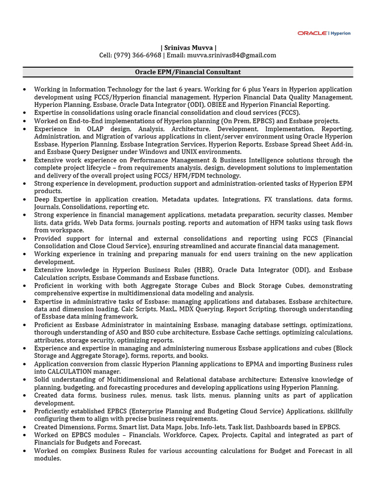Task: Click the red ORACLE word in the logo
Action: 312,33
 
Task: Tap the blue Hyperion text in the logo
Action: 340,33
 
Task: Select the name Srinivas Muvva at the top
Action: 188,48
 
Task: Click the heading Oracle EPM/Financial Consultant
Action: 188,72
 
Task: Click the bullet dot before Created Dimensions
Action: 25,427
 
